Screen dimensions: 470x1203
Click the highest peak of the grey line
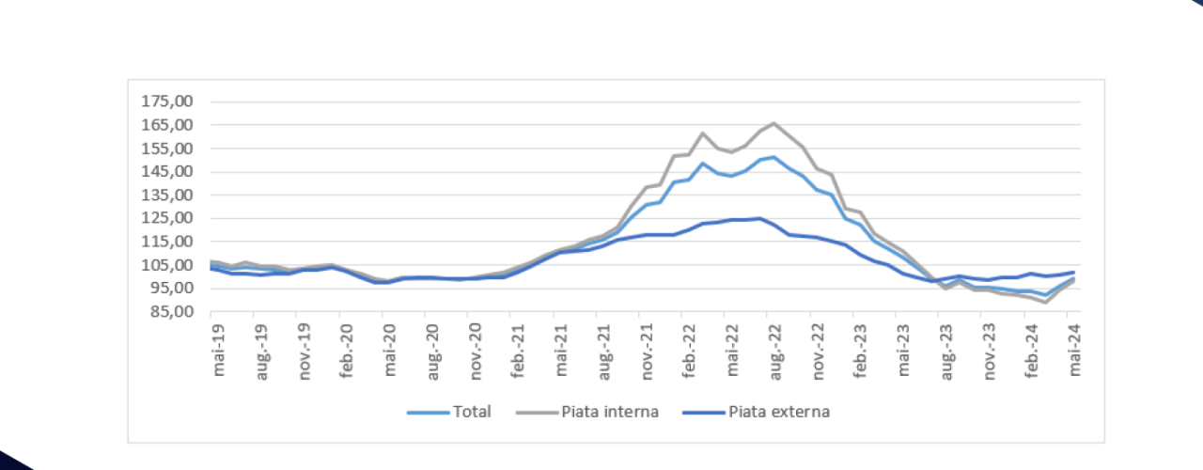[x=773, y=123]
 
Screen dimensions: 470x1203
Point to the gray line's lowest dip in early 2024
[x=1046, y=302]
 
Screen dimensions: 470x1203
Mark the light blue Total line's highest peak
[x=773, y=157]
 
